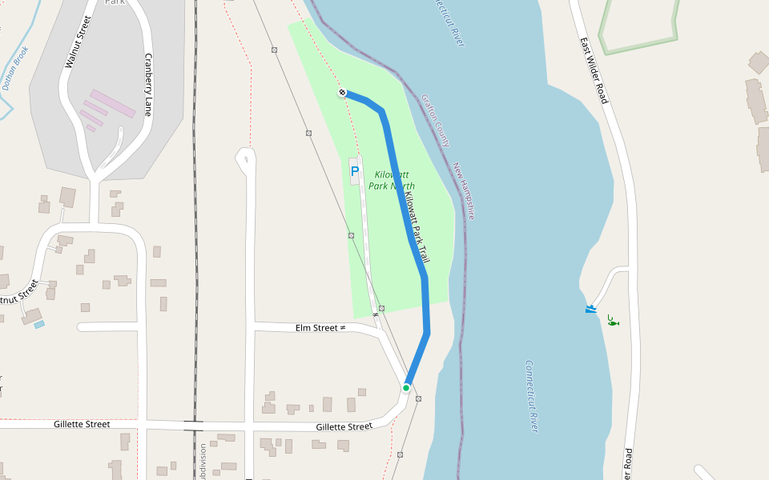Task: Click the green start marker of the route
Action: (406, 388)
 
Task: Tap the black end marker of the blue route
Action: (342, 93)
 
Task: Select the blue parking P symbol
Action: (355, 170)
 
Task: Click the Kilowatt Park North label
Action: (392, 180)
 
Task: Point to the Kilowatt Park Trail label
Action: (417, 229)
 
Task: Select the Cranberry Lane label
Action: (147, 85)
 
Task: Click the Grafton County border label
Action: (435, 120)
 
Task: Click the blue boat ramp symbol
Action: (591, 309)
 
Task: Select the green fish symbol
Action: (613, 321)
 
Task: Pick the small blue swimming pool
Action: (39, 325)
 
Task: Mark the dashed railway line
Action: (195, 240)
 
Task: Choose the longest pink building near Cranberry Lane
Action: (112, 103)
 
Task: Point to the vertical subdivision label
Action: (203, 461)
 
